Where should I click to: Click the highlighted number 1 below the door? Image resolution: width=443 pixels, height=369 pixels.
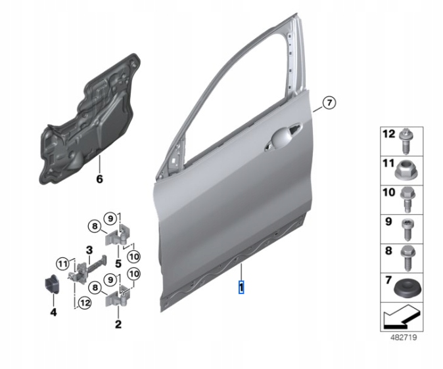[241, 288]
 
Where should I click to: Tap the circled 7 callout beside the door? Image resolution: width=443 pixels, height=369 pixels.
[329, 102]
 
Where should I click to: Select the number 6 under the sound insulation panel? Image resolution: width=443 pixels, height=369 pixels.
[99, 179]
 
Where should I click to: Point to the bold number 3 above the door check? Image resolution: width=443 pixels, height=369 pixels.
[89, 250]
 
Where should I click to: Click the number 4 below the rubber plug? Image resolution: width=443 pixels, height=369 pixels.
[53, 312]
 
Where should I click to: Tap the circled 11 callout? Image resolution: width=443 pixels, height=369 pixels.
[62, 264]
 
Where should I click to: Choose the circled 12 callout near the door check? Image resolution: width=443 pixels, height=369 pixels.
[85, 303]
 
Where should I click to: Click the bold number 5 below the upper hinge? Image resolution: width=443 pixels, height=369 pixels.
[118, 263]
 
